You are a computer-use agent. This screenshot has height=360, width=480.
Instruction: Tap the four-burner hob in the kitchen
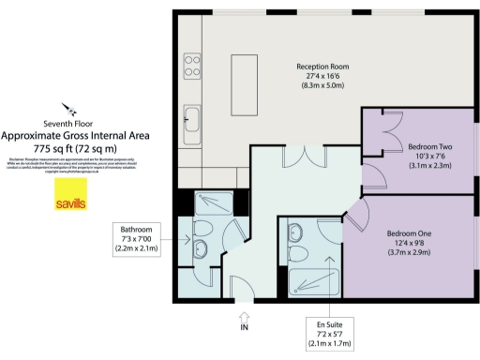194,65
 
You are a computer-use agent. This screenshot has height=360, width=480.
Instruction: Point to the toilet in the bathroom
203,246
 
